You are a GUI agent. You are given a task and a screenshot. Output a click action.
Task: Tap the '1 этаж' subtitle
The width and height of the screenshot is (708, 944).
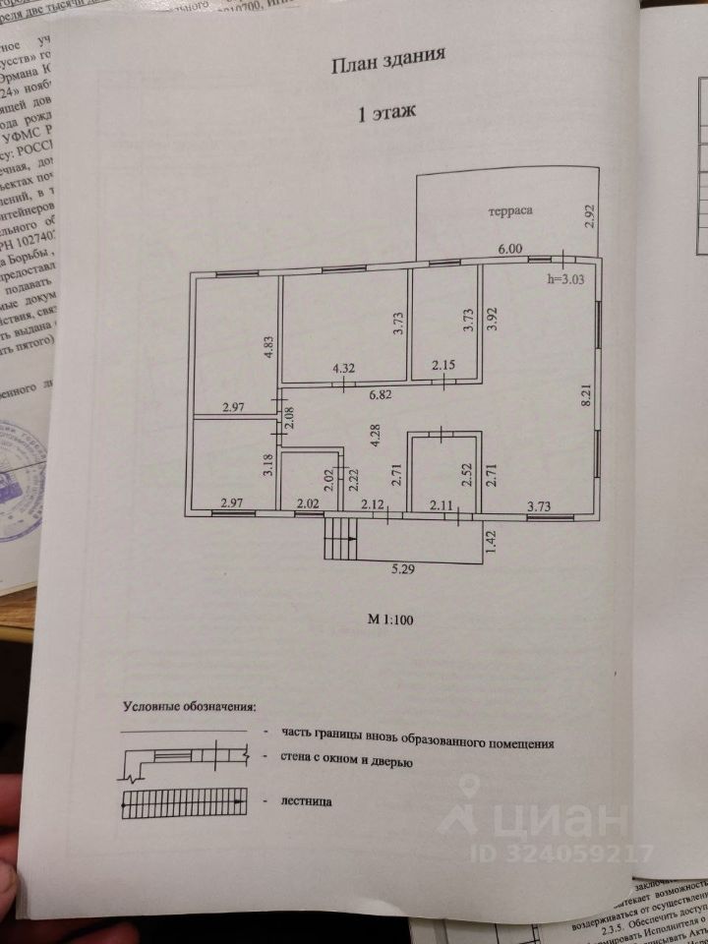pyautogui.click(x=386, y=113)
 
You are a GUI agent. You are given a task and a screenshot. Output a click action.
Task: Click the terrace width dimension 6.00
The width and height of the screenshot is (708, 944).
pyautogui.click(x=509, y=251)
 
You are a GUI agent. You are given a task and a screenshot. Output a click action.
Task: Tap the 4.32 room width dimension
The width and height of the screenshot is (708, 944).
pyautogui.click(x=343, y=368)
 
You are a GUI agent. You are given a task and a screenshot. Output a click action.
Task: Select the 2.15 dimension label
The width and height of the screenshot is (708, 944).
pyautogui.click(x=442, y=368)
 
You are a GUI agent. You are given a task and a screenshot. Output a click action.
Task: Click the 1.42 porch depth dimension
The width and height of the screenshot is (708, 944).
pyautogui.click(x=489, y=541)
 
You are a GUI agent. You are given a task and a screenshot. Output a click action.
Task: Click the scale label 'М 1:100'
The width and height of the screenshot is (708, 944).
pyautogui.click(x=389, y=619)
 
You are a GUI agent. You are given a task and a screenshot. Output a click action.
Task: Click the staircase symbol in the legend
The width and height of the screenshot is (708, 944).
pyautogui.click(x=183, y=802)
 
